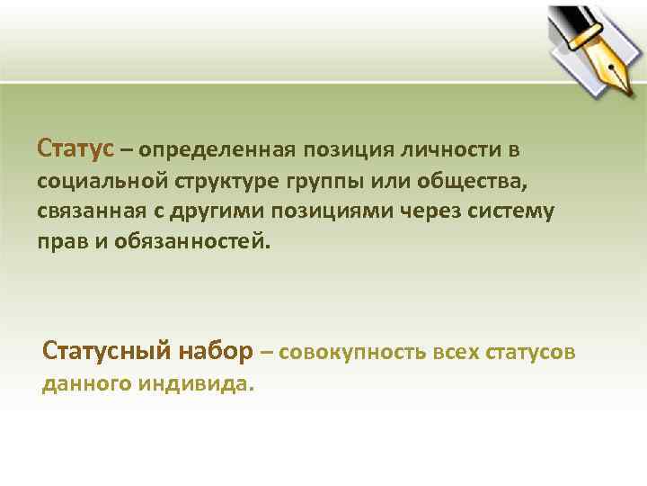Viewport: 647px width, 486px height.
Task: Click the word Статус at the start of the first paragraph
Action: click(75, 147)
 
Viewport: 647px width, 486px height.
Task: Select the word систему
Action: click(513, 211)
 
